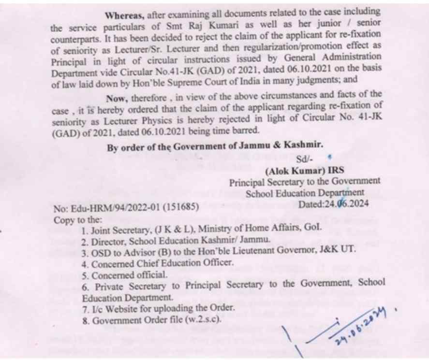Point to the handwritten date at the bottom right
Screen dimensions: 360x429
[x=359, y=327]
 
